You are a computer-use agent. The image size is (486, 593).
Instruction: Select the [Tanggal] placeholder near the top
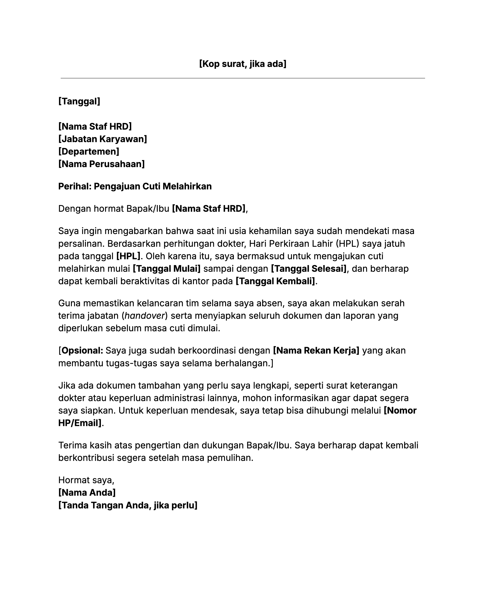[79, 101]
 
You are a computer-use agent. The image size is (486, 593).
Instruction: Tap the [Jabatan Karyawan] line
[102, 139]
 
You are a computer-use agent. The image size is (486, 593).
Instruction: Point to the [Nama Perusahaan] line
[101, 164]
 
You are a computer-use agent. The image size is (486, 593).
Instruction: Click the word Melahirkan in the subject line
[187, 186]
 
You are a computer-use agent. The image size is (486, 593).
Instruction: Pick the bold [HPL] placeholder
[128, 256]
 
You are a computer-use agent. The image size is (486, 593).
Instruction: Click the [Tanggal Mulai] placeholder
[166, 269]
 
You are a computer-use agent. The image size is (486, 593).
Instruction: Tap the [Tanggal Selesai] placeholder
[309, 269]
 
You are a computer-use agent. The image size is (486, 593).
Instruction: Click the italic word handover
[144, 316]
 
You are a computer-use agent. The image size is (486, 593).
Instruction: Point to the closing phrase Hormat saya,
[86, 480]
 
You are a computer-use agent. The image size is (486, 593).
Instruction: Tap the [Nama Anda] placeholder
[87, 493]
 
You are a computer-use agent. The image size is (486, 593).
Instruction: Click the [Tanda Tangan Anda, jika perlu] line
[128, 505]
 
